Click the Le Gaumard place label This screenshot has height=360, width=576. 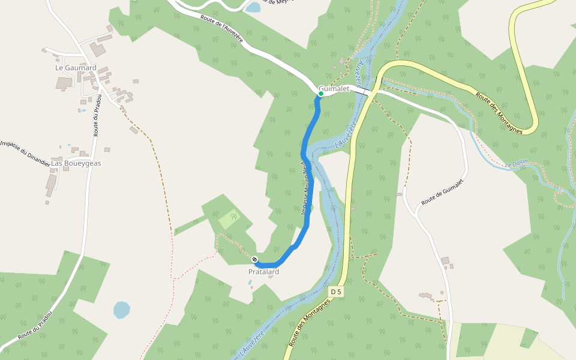click(x=76, y=68)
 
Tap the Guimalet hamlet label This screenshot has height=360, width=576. click(x=334, y=88)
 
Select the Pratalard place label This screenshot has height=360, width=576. click(x=264, y=272)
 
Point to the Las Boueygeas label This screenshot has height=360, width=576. click(x=76, y=163)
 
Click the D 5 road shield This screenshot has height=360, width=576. click(x=336, y=292)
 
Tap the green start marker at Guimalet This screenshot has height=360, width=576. click(x=321, y=94)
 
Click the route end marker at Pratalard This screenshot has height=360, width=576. click(x=255, y=259)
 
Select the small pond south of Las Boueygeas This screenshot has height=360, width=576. click(x=122, y=310)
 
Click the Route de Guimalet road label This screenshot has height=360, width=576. click(x=443, y=192)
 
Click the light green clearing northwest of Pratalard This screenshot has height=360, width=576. click(x=229, y=219)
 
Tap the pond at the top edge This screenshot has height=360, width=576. click(x=253, y=7)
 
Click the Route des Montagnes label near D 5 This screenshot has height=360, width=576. click(x=310, y=323)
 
